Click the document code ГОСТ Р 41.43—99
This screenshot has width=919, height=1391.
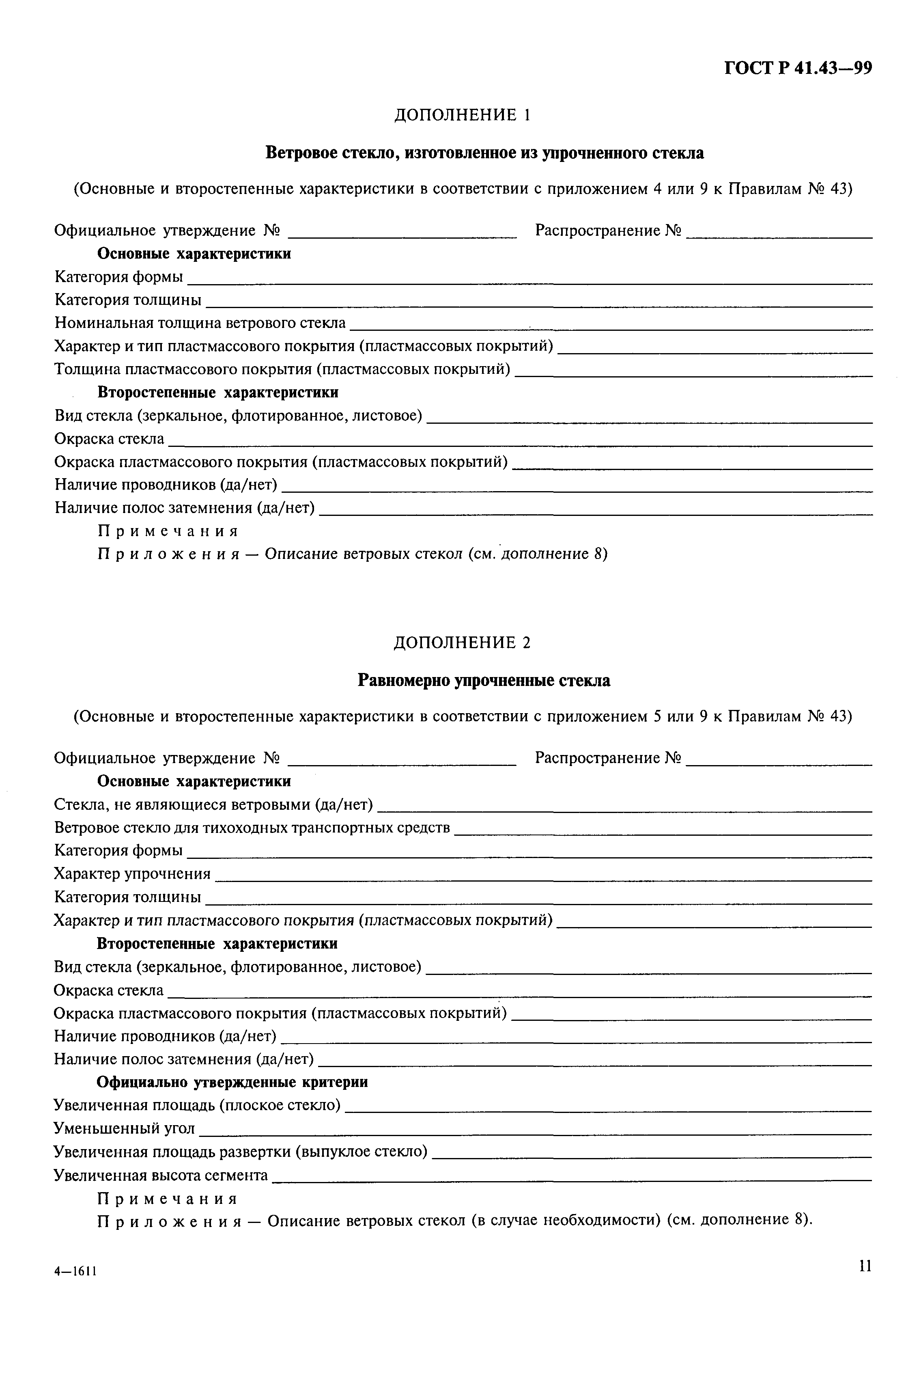798,69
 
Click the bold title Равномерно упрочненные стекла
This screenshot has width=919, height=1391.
484,681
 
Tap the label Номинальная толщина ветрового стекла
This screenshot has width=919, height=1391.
200,323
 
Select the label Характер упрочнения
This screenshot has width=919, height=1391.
132,874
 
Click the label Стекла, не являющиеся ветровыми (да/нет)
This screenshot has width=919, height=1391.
213,805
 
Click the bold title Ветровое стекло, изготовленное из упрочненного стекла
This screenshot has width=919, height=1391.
485,153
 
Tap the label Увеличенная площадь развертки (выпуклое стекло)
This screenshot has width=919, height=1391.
240,1151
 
